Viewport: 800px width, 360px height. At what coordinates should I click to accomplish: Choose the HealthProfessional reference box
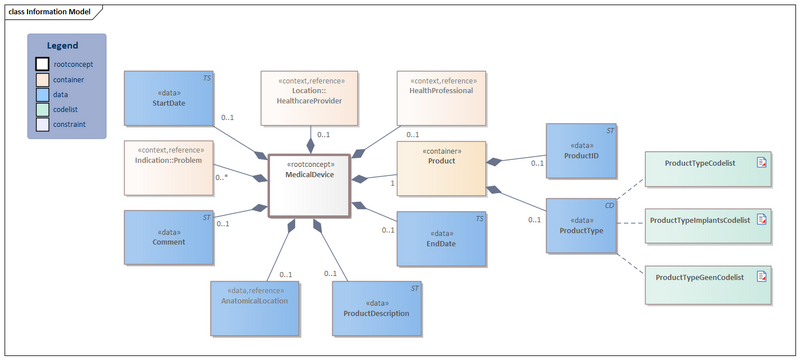441,98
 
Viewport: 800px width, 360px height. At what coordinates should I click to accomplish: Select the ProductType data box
582,224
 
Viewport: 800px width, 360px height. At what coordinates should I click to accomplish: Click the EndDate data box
441,238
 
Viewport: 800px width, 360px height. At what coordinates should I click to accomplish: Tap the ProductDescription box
376,307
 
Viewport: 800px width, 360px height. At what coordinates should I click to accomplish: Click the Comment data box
169,237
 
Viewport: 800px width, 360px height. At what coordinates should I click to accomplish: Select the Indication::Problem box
169,167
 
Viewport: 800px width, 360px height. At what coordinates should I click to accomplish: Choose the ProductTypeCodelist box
706,165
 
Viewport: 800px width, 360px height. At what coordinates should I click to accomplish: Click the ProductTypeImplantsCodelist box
706,220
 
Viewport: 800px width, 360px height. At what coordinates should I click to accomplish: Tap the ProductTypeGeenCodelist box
706,276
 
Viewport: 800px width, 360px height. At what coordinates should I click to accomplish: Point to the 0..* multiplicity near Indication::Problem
222,177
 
